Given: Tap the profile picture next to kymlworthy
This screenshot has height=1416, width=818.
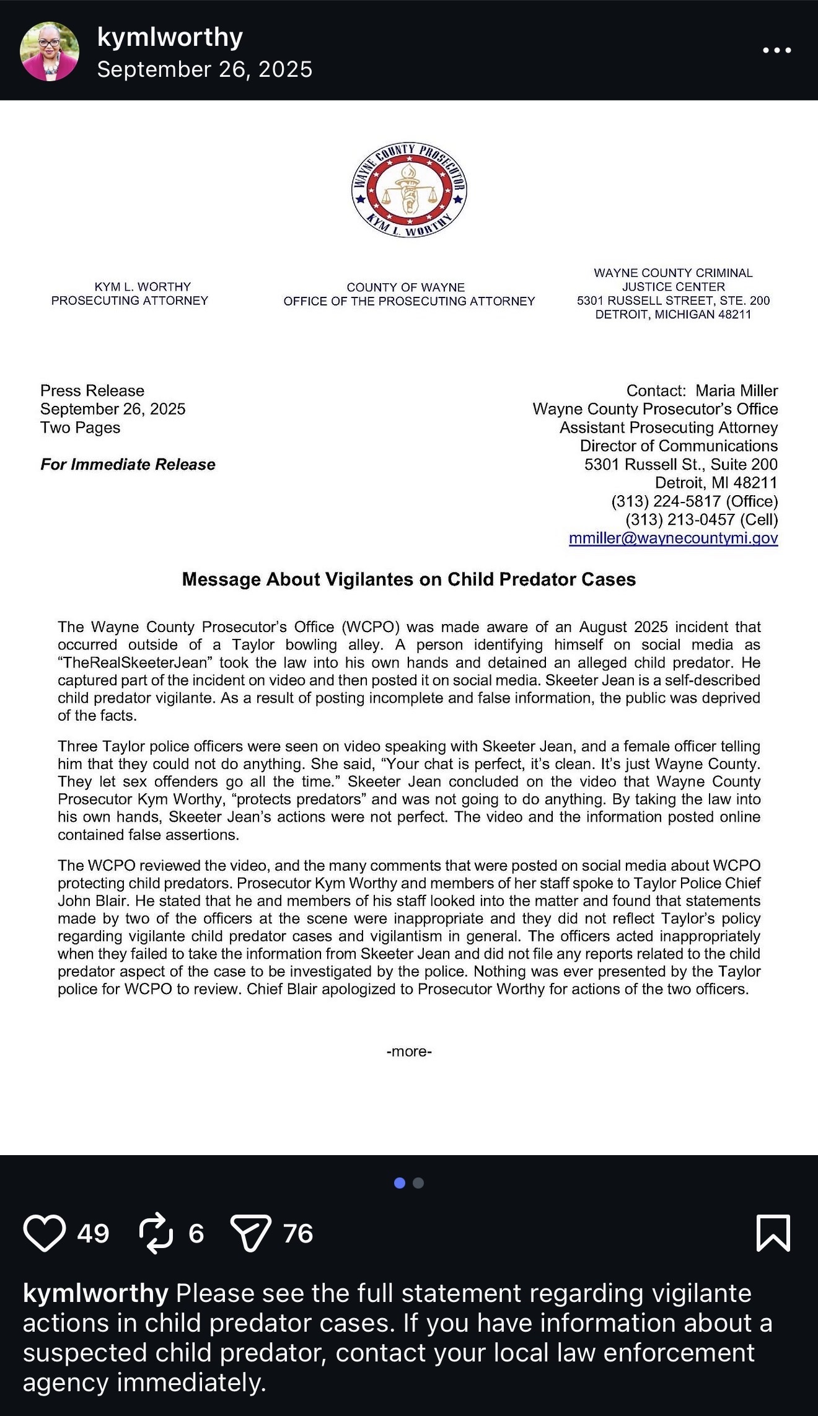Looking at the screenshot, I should pos(50,51).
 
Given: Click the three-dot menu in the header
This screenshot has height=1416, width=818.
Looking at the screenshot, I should pos(776,50).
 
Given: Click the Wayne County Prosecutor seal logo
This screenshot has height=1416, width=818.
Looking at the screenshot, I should pos(408,190).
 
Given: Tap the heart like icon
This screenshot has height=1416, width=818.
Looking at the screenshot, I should pos(44,1233).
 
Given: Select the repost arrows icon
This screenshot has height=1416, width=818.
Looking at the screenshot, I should pos(156,1233).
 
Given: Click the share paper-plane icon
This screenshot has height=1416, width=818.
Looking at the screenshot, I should pos(250,1233).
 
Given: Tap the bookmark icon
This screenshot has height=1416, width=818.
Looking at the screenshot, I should pos(773,1233).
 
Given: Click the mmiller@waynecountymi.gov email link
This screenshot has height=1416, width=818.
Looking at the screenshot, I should pos(673,538).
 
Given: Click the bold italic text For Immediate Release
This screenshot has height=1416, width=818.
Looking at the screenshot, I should pos(128,464).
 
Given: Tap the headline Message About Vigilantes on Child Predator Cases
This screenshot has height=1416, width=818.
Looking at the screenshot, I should pos(409,579).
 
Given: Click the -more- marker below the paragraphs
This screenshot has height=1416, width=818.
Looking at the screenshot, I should pos(409,1052).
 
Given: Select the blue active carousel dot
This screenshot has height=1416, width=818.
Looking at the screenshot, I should pos(400,1183).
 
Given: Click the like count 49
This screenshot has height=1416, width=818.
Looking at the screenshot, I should pos(93,1233).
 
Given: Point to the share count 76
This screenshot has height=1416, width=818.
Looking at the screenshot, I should pos(298,1233).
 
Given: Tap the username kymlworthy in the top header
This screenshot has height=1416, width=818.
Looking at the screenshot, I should pos(170,37).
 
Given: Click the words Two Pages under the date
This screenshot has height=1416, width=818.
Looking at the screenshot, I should pos(80,428).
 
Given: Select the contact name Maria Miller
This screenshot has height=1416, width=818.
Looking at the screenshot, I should pos(736,390).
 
